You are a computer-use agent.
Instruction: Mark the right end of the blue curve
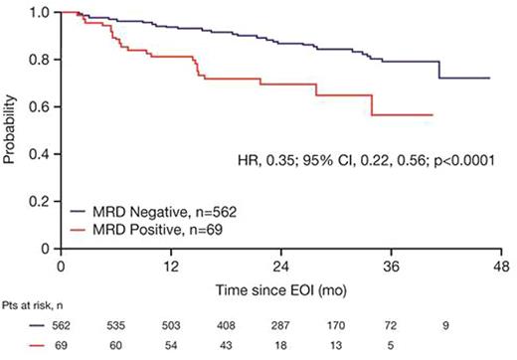pyautogui.click(x=488, y=78)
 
